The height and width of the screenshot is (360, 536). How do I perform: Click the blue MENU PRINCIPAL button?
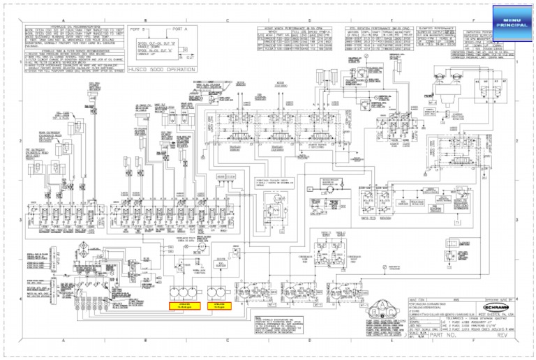[512, 22]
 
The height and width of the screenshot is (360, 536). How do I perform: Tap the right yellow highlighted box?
[222, 306]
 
